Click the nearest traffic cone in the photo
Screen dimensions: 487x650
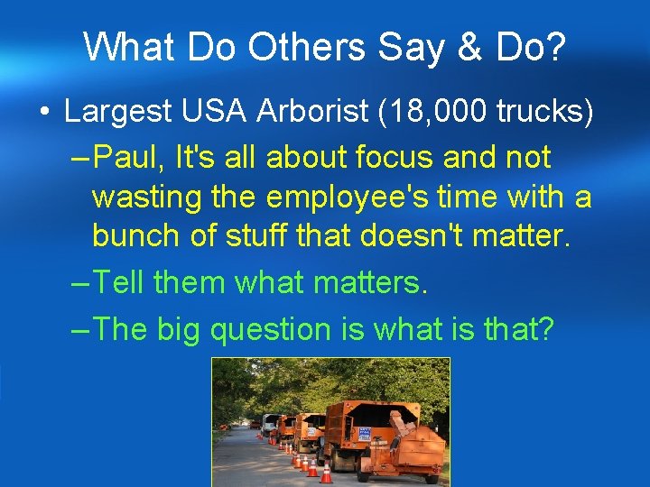tap(326, 473)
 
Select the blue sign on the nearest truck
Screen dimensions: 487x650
tap(365, 433)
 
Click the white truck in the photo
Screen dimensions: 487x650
tap(268, 420)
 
